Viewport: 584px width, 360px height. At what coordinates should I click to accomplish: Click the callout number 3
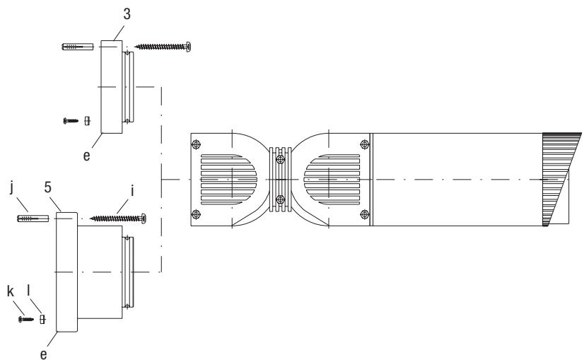click(x=127, y=14)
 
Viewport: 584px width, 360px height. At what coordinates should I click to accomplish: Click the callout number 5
click(x=47, y=187)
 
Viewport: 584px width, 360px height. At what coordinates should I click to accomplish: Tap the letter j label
click(x=12, y=187)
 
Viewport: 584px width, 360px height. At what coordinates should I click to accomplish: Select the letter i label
click(x=132, y=191)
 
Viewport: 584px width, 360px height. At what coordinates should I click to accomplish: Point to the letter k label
click(x=11, y=291)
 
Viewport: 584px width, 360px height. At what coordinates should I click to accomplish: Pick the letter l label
click(x=28, y=290)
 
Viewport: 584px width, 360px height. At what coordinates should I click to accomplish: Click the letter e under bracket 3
click(x=86, y=156)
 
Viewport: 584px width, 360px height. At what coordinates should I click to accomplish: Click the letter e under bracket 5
click(x=44, y=354)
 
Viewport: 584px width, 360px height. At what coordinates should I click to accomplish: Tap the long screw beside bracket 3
click(x=163, y=47)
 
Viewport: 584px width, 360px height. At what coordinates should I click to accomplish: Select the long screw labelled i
click(x=118, y=219)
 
